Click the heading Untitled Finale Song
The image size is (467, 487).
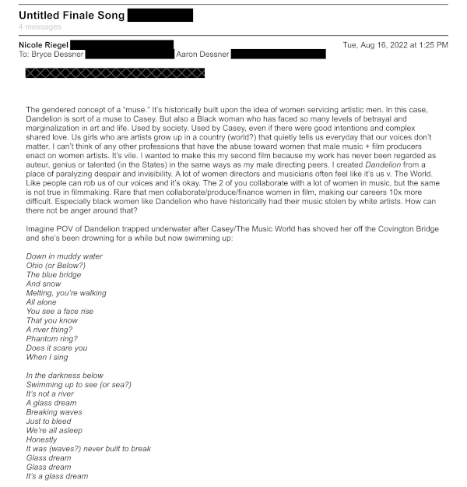pos(71,15)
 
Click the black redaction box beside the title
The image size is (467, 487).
pos(160,15)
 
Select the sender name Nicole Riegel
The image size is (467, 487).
pos(44,45)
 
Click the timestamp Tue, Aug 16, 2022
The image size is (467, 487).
pos(395,45)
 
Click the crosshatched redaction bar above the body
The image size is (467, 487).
pos(115,73)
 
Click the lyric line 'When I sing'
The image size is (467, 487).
pos(47,357)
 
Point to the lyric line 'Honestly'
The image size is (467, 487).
pos(41,439)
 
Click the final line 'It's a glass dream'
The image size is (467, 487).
pos(57,476)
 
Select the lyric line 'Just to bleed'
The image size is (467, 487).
pos(48,422)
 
